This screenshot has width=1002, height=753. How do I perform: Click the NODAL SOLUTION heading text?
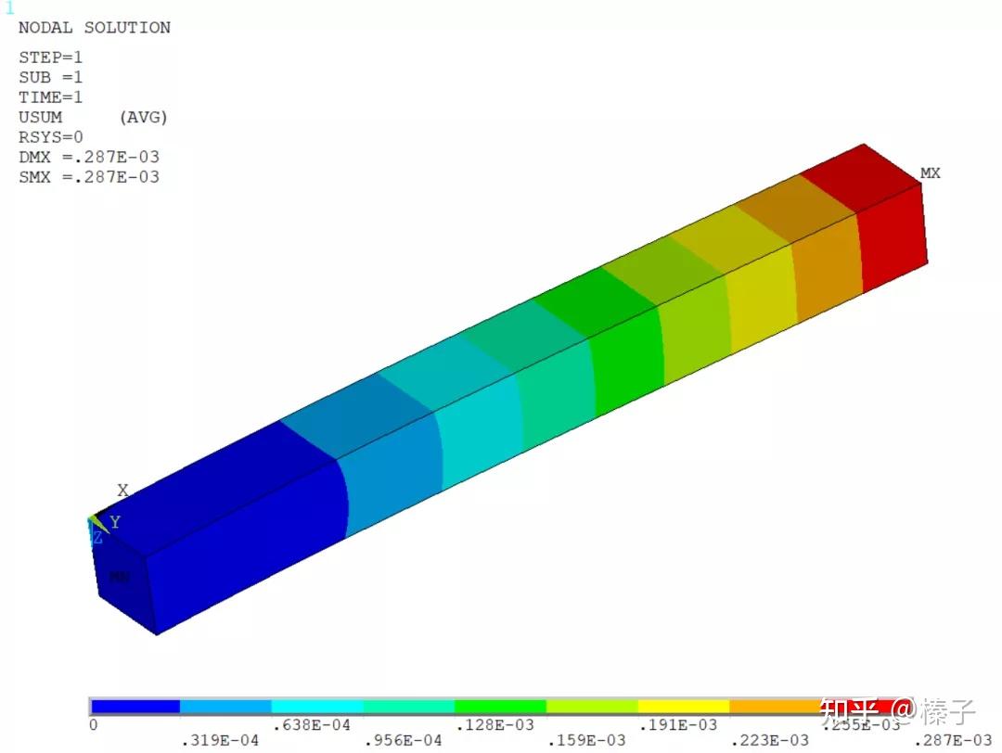(x=94, y=28)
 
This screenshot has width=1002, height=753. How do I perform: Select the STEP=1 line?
(x=50, y=57)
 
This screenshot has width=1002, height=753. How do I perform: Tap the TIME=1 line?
(x=50, y=97)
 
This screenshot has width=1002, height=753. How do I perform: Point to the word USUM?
(x=40, y=117)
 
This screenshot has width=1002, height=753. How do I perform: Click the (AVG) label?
(x=143, y=117)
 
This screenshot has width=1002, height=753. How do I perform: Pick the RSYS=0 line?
(x=50, y=137)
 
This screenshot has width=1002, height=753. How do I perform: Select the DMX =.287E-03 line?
(x=88, y=157)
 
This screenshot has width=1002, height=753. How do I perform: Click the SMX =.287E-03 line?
(x=88, y=176)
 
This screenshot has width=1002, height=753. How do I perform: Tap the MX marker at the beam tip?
(x=930, y=173)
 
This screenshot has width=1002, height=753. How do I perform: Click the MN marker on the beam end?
(x=120, y=577)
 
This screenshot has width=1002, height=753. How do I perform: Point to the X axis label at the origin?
(x=122, y=491)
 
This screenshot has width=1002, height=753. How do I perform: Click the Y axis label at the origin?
(x=115, y=523)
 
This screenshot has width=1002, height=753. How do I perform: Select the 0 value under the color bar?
(x=93, y=724)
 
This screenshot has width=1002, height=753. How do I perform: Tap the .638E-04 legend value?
(x=311, y=724)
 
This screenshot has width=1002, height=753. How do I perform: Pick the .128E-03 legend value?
(x=494, y=724)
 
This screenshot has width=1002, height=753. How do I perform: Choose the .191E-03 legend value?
(x=677, y=724)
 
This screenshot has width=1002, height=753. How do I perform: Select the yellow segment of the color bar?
(x=684, y=707)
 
